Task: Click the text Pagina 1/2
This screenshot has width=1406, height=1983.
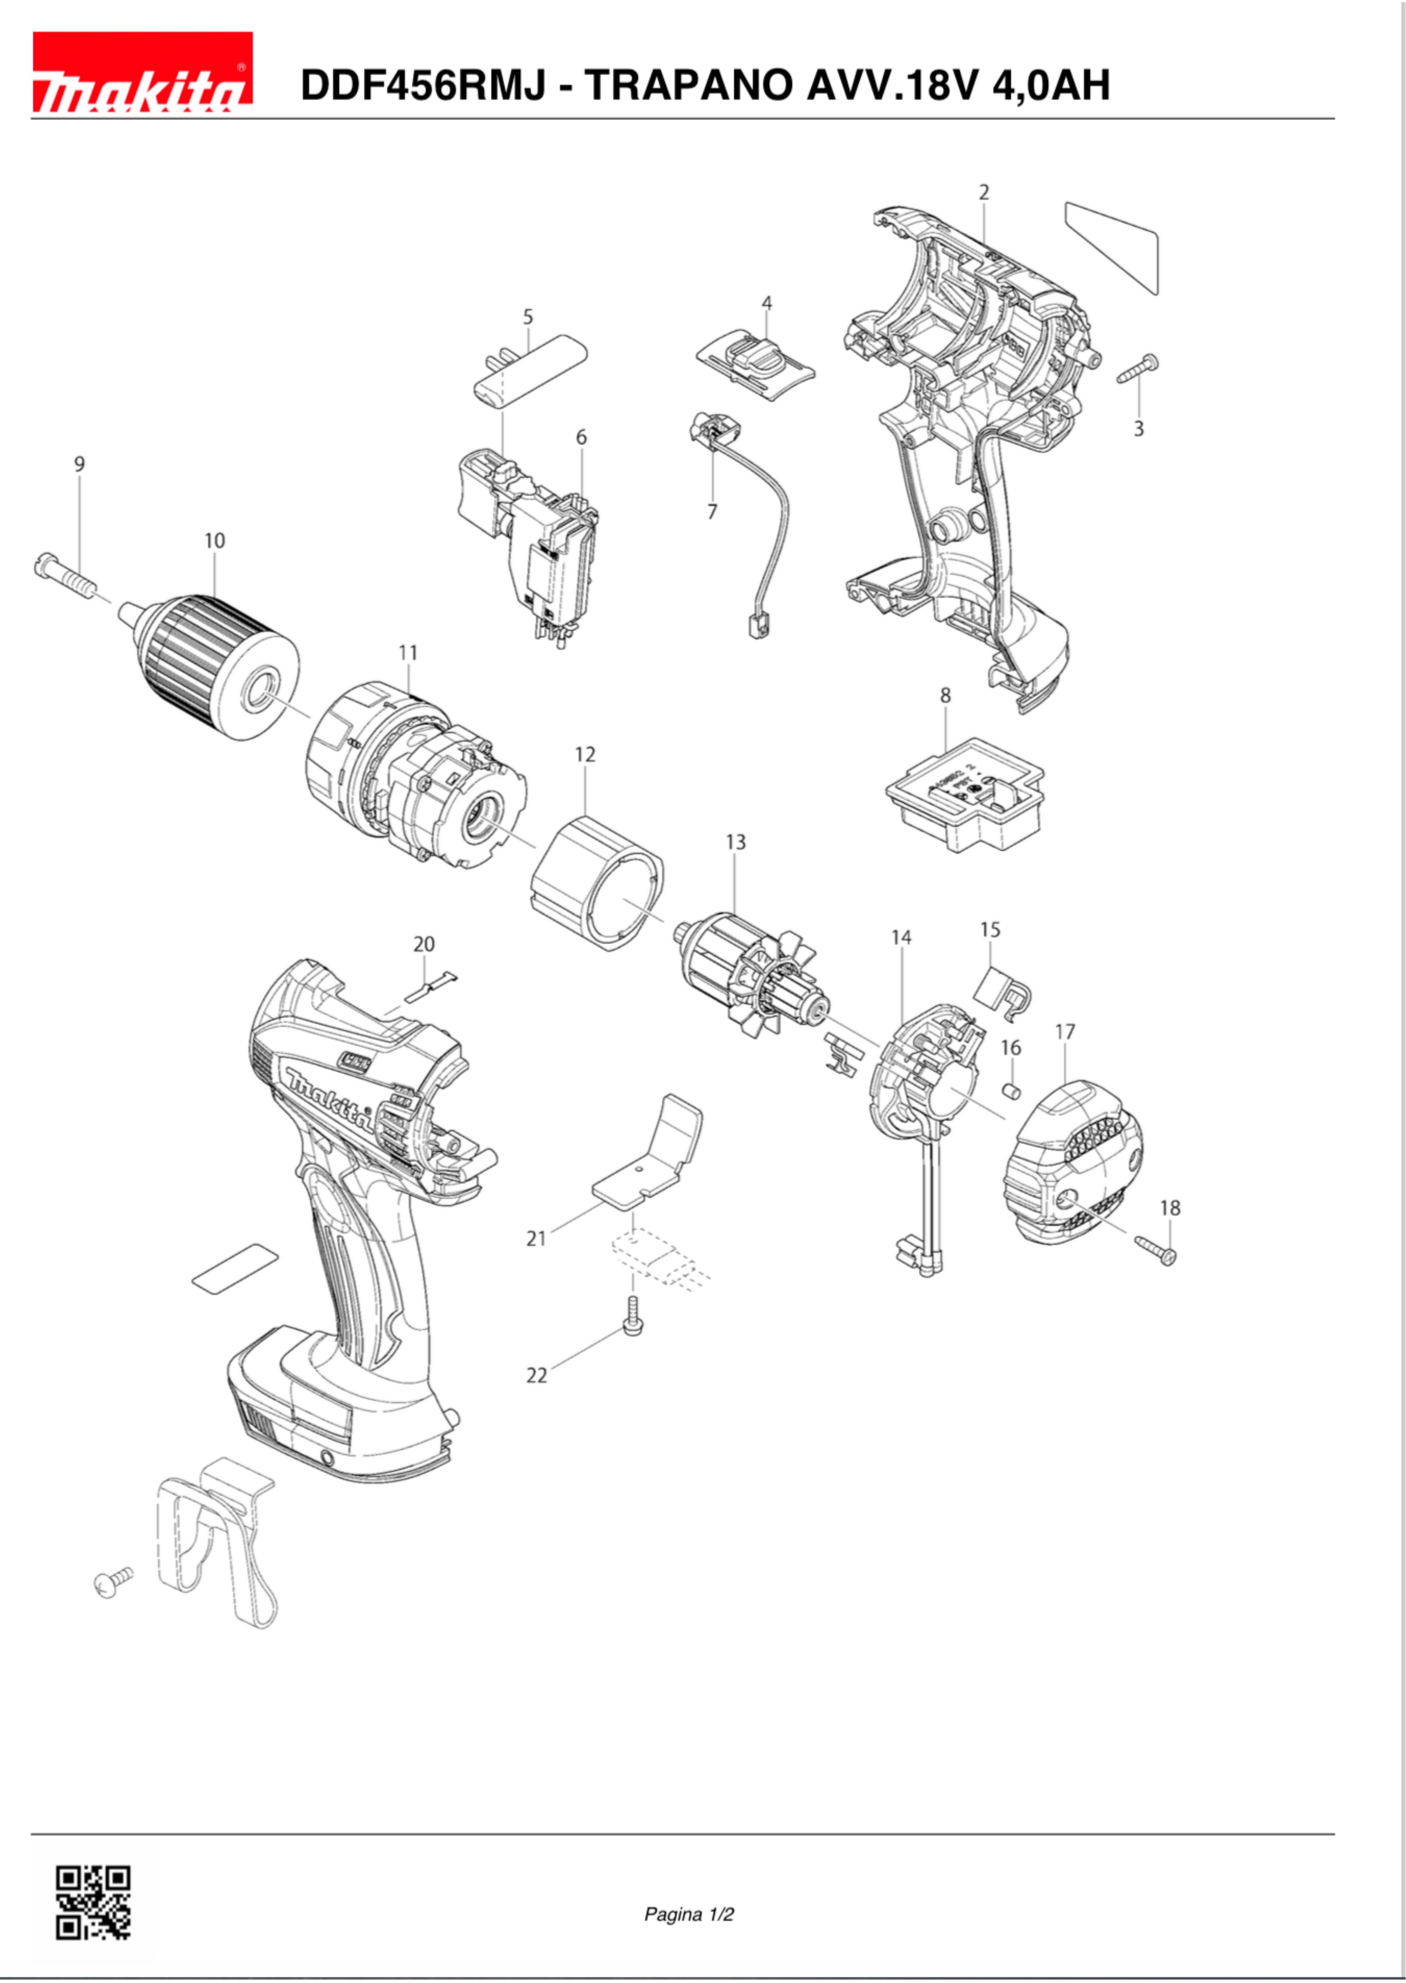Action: coord(688,1914)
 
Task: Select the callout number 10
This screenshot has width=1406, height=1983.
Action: coord(214,540)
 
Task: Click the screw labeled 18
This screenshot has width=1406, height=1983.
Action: coord(1157,1248)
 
